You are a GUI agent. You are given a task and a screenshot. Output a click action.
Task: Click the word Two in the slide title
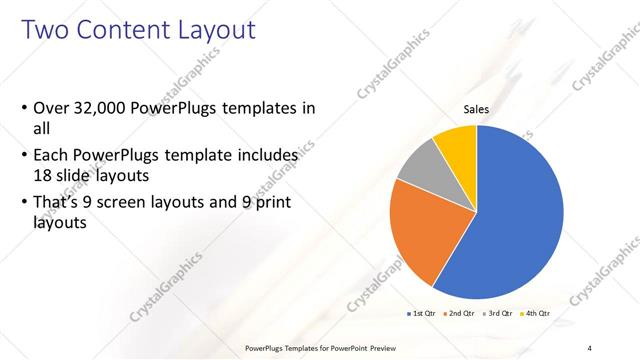[x=47, y=30]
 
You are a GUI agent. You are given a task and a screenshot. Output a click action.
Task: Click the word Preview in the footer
[x=376, y=347]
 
